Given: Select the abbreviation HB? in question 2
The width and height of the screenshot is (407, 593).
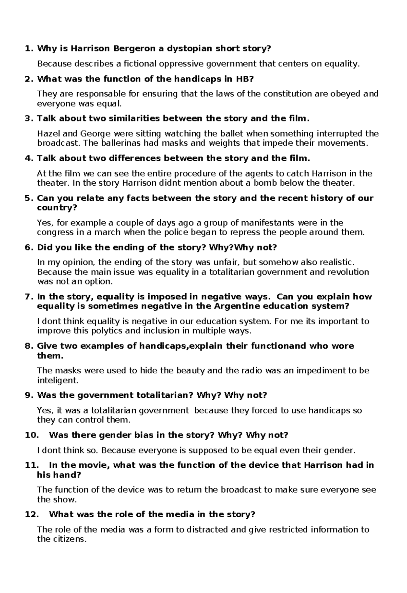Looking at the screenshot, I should (244, 79).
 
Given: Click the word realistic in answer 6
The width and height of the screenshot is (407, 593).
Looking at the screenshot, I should (332, 262).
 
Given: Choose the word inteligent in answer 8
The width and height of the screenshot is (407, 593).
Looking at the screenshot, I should (57, 380).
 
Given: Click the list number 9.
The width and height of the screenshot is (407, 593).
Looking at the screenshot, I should (28, 395).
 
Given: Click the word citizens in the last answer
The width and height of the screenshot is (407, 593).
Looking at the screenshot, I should (69, 539).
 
